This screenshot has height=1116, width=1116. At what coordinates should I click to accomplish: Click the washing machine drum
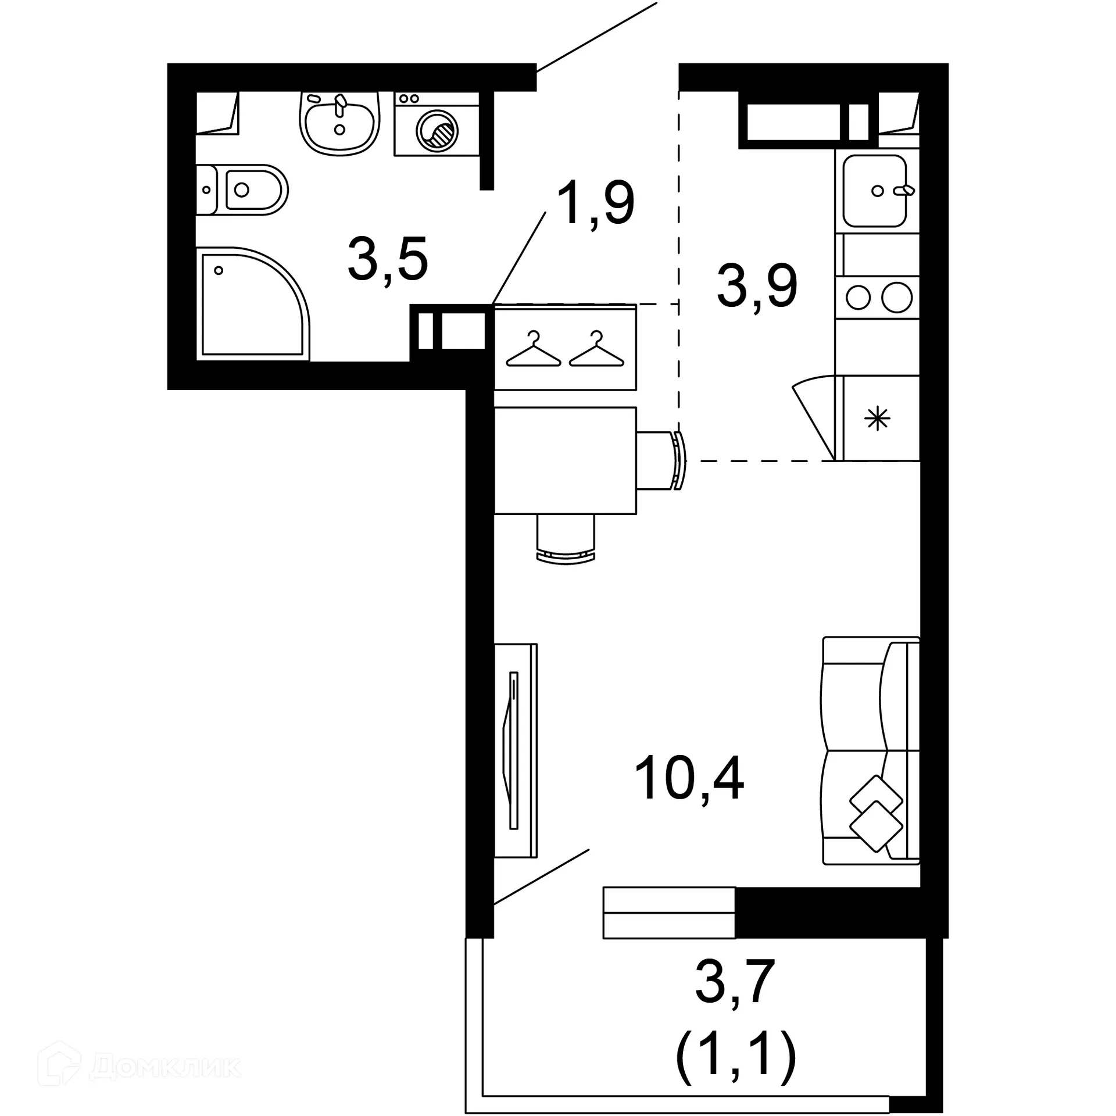tap(437, 129)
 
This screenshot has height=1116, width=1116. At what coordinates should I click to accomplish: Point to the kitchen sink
tap(875, 191)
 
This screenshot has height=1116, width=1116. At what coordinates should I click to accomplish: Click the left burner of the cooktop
tap(857, 298)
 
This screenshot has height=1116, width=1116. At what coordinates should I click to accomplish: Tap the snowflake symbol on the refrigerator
tap(877, 419)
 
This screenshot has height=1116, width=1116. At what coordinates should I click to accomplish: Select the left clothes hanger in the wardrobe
tap(534, 350)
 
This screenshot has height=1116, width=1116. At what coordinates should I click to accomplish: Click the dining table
tap(565, 460)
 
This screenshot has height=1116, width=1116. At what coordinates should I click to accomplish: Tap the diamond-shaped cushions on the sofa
tap(875, 814)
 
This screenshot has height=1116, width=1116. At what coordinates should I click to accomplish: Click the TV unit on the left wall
tap(515, 750)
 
